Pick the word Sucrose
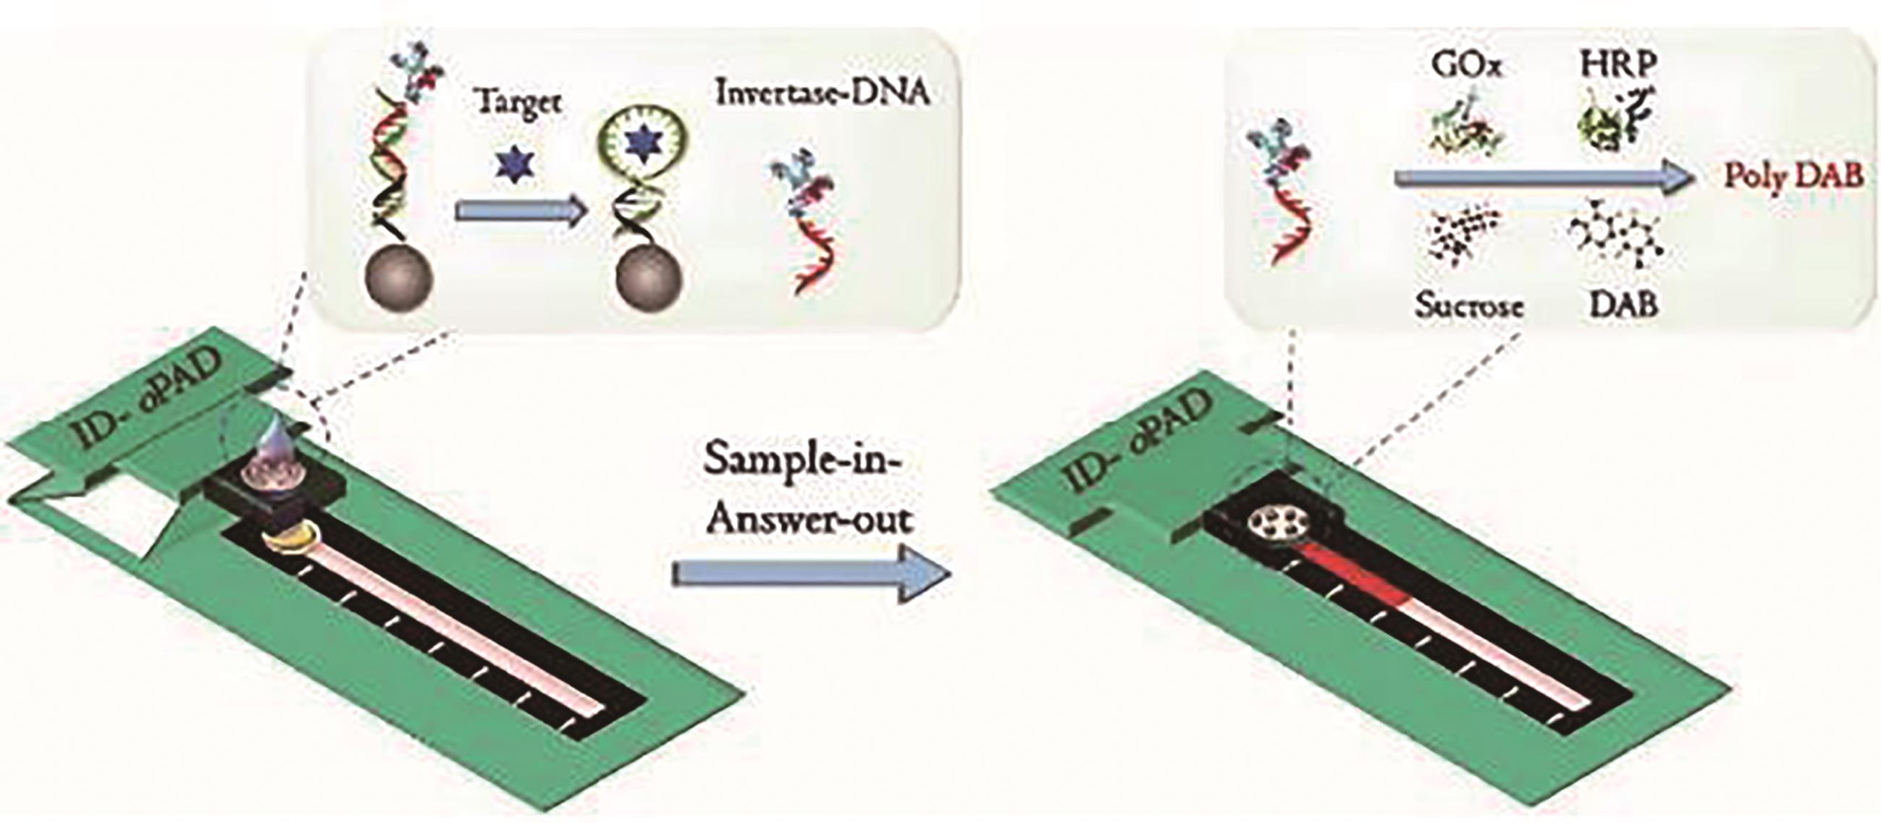tap(1469, 305)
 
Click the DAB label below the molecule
tap(1623, 305)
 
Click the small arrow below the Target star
tap(520, 211)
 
